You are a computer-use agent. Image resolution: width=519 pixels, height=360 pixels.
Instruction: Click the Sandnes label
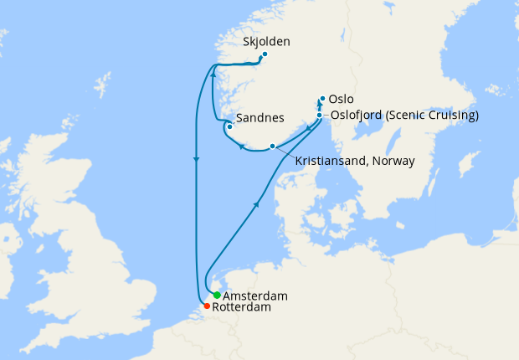(x=260, y=118)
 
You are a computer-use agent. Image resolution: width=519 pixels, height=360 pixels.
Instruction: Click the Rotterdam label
(x=242, y=308)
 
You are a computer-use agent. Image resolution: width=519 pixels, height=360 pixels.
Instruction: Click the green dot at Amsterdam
(x=217, y=295)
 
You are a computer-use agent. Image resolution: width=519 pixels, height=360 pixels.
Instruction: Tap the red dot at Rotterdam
(x=207, y=306)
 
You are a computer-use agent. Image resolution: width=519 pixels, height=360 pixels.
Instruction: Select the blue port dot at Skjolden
(x=265, y=55)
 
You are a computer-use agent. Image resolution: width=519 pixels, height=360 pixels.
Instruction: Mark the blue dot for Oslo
(x=322, y=98)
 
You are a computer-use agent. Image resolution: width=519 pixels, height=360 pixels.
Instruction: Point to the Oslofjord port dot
(x=320, y=116)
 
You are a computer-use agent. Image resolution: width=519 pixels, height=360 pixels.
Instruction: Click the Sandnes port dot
(x=230, y=126)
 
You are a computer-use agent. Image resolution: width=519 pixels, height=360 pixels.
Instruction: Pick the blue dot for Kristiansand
(x=272, y=147)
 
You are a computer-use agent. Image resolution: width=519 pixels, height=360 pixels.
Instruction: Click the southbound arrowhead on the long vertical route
(x=196, y=159)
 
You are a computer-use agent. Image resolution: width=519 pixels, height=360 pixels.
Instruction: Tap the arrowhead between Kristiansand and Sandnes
(x=242, y=147)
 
